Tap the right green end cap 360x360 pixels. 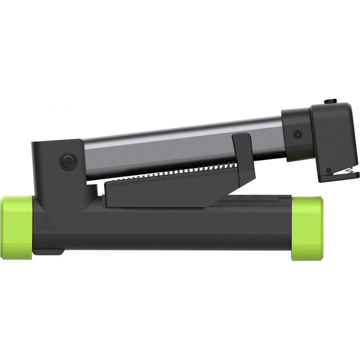307,228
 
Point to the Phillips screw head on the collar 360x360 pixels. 297,135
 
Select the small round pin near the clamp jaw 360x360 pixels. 329,170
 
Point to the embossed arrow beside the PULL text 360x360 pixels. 40,221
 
